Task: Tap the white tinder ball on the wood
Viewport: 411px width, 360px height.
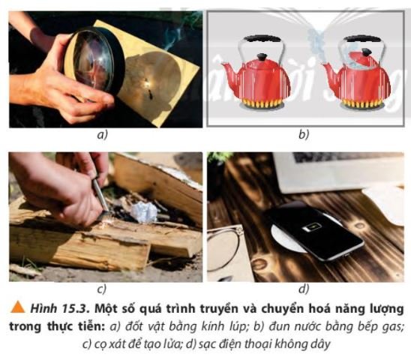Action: pyautogui.click(x=142, y=212)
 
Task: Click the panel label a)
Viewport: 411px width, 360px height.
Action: pyautogui.click(x=104, y=135)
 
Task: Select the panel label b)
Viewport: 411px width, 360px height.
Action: pyautogui.click(x=303, y=135)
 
